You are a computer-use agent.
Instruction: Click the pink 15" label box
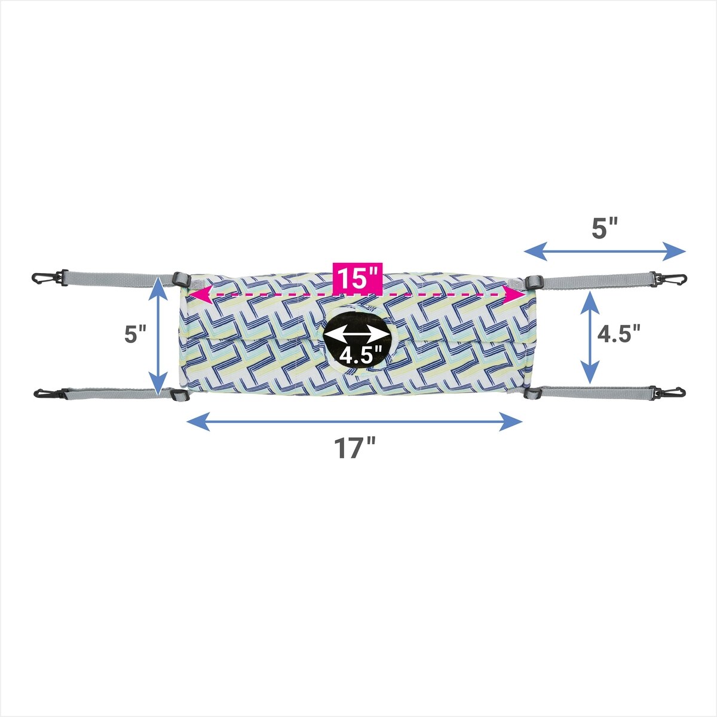(357, 278)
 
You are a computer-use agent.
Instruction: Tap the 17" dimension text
(354, 448)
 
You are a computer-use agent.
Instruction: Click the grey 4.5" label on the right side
(619, 334)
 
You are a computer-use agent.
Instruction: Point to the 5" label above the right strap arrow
(605, 229)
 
